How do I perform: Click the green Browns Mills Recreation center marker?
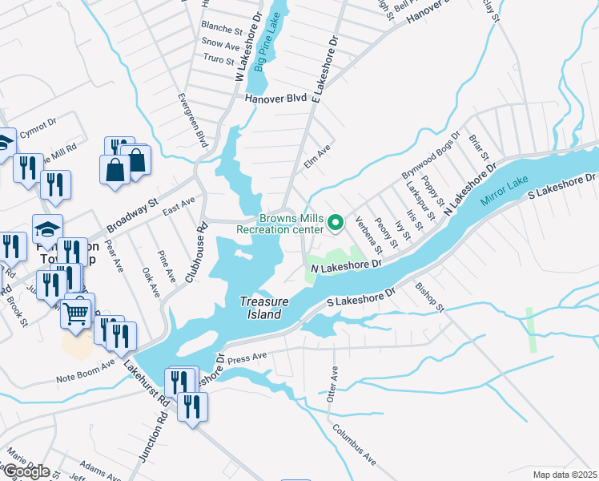tap(337, 223)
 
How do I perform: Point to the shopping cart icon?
tap(77, 312)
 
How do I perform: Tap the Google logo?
tap(26, 471)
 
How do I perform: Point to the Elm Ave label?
tap(318, 157)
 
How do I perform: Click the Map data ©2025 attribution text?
tap(565, 475)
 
